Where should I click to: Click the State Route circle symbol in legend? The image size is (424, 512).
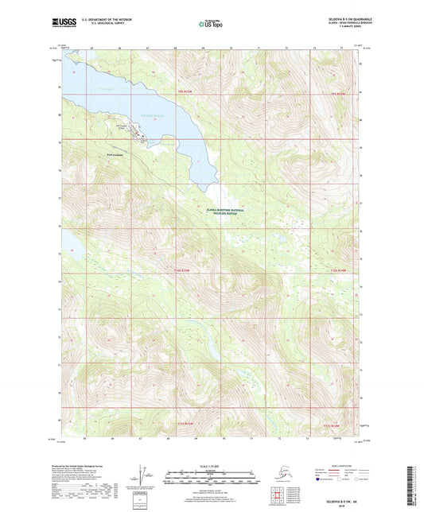tap(351, 479)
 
